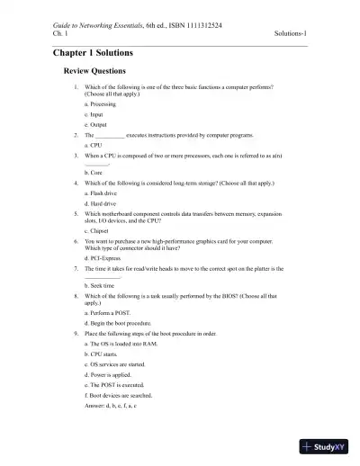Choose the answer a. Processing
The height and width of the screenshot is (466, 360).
coord(100,104)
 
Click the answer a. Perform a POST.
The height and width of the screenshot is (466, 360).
coord(108,311)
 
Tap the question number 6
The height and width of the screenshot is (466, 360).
coord(76,242)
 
